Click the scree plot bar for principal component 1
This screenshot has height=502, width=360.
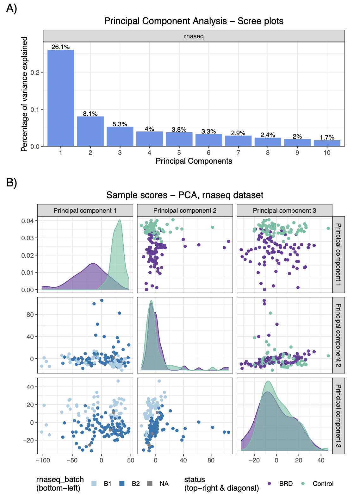pyautogui.click(x=61, y=98)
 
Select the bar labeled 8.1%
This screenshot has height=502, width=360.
pyautogui.click(x=90, y=131)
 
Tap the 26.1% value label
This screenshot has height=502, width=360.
pyautogui.click(x=61, y=47)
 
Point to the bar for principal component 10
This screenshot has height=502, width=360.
pyautogui.click(x=327, y=143)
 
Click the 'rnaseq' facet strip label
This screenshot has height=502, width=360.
pyautogui.click(x=194, y=36)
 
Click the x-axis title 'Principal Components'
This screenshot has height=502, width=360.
pyautogui.click(x=194, y=161)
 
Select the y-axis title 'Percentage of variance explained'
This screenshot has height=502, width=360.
pyautogui.click(x=24, y=94)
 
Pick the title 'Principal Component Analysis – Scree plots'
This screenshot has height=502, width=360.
pyautogui.click(x=194, y=21)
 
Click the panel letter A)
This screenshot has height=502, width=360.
pyautogui.click(x=11, y=9)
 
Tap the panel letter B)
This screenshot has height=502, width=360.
pyautogui.click(x=11, y=183)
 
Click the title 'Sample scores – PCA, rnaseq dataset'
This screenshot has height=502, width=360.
pyautogui.click(x=185, y=195)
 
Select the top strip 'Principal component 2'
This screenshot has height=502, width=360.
pyautogui.click(x=185, y=210)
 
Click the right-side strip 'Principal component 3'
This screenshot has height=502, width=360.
pyautogui.click(x=338, y=416)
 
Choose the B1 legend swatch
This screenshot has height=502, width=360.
pyautogui.click(x=94, y=483)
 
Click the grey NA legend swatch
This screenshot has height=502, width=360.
pyautogui.click(x=150, y=483)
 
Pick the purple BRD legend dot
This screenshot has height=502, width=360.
pyautogui.click(x=269, y=483)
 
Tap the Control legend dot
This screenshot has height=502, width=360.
pyautogui.click(x=303, y=483)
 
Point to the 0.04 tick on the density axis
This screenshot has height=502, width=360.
pyautogui.click(x=27, y=221)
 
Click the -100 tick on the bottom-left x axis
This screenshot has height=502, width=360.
pyautogui.click(x=42, y=460)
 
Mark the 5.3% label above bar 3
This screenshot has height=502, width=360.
pyautogui.click(x=120, y=124)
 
